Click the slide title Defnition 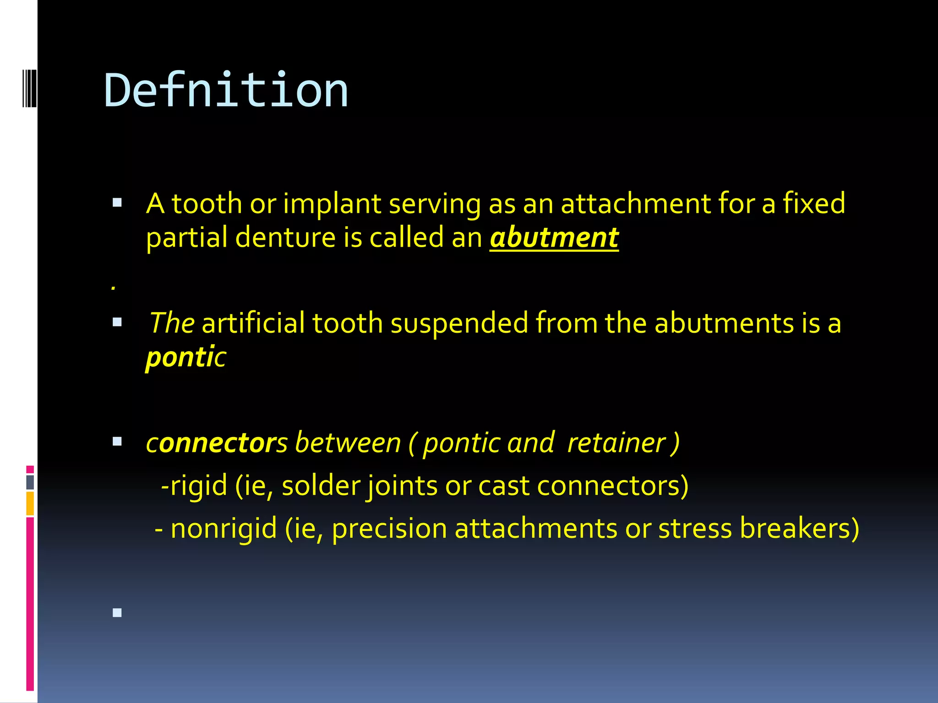pyautogui.click(x=226, y=91)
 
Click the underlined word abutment pyautogui.click(x=554, y=238)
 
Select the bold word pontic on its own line pyautogui.click(x=185, y=357)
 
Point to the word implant pyautogui.click(x=332, y=204)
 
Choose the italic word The pyautogui.click(x=172, y=323)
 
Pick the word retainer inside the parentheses pyautogui.click(x=616, y=443)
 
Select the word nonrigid pyautogui.click(x=224, y=529)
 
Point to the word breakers pyautogui.click(x=799, y=529)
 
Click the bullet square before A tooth pyautogui.click(x=117, y=203)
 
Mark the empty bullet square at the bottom pyautogui.click(x=117, y=612)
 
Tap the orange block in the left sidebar pyautogui.click(x=30, y=503)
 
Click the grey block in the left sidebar pyautogui.click(x=30, y=482)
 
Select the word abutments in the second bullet pyautogui.click(x=724, y=323)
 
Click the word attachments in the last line pyautogui.click(x=536, y=529)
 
